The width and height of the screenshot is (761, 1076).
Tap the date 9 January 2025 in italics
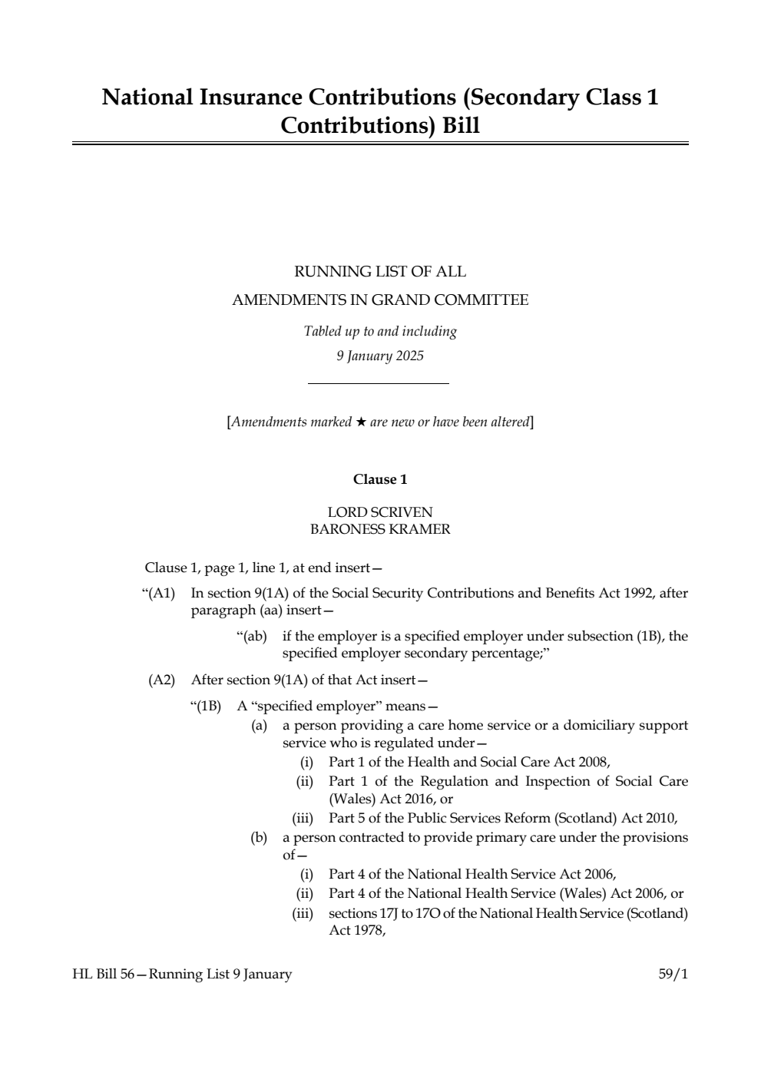[380, 356]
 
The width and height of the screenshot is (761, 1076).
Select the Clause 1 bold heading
[380, 479]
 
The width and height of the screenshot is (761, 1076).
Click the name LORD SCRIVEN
[380, 512]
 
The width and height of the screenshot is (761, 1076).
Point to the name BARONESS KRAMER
[380, 529]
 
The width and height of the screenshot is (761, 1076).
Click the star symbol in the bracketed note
[361, 422]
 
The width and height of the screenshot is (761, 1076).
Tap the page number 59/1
[673, 975]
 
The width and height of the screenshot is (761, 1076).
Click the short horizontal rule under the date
[378, 383]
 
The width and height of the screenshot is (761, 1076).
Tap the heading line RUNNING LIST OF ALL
[380, 272]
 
